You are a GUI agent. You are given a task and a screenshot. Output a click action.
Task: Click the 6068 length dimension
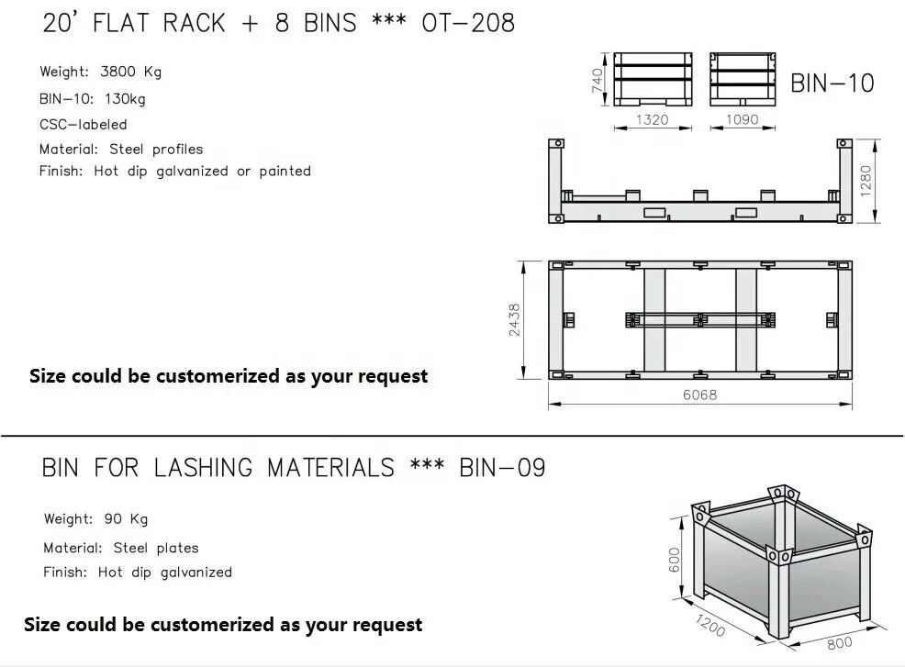[x=699, y=395]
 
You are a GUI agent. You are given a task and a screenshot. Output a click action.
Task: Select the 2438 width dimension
[x=515, y=319]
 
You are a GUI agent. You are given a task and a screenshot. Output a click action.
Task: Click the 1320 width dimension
[x=653, y=119]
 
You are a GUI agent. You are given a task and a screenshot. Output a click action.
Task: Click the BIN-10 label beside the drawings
[x=832, y=83]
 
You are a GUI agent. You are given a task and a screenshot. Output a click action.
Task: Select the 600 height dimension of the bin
[x=674, y=559]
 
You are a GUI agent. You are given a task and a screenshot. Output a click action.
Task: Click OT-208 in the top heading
[x=467, y=23]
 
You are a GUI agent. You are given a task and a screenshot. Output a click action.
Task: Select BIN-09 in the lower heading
[x=502, y=468]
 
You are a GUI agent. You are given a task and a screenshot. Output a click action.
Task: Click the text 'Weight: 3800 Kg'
[x=100, y=72]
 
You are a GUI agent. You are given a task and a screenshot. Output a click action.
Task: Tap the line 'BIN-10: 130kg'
[x=92, y=98]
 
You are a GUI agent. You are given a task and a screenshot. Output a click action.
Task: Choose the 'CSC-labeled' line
[x=83, y=124]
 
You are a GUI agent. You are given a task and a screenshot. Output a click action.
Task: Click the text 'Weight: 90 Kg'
[x=95, y=519]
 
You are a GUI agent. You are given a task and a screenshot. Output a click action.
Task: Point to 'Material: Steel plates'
[x=120, y=548]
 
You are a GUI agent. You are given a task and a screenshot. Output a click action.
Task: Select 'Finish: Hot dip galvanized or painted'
[x=174, y=172]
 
